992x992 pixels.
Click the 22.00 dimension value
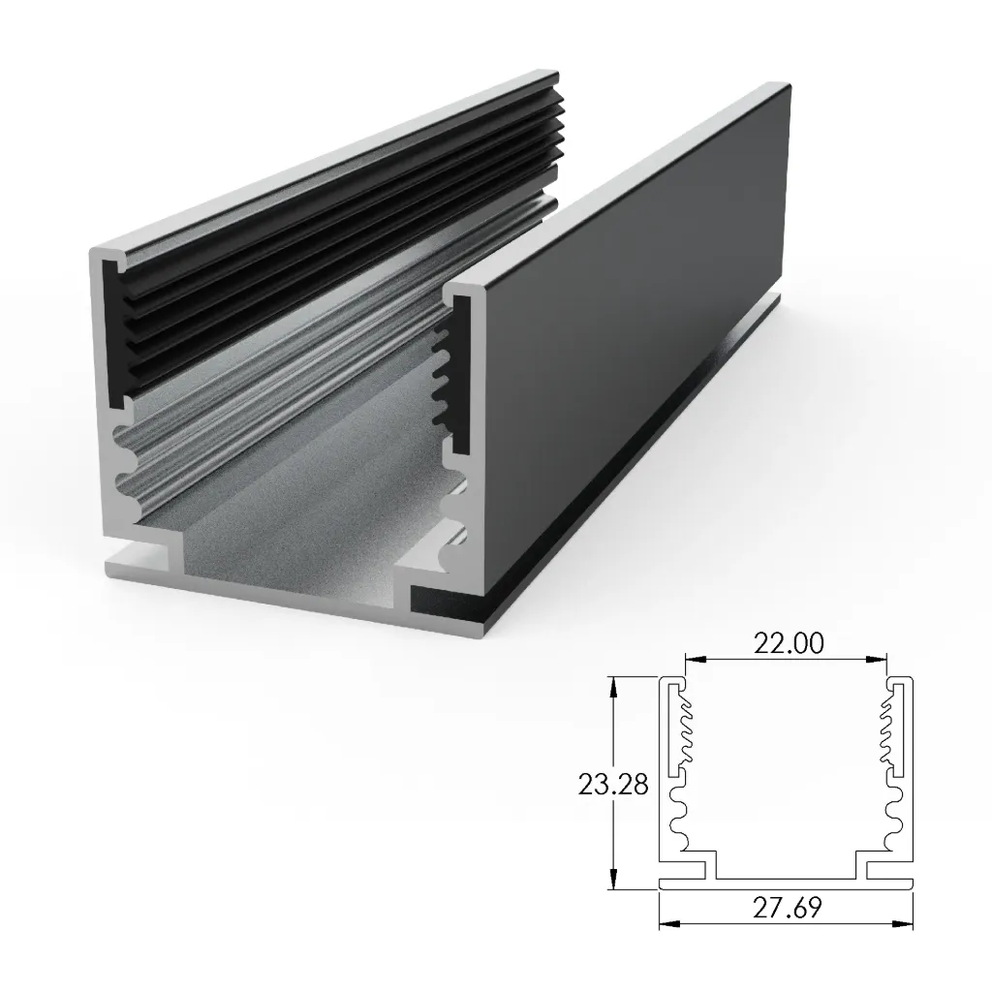point(786,643)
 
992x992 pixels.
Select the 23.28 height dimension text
point(612,783)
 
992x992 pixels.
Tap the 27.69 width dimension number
point(786,909)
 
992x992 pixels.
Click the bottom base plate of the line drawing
point(786,883)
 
